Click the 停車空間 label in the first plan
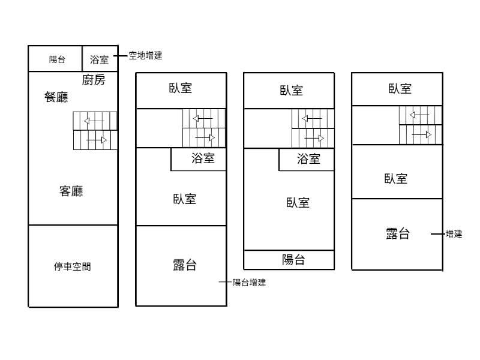(73, 267)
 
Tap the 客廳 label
(71, 191)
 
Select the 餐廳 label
(56, 97)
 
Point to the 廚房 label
(93, 80)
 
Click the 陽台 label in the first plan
(57, 59)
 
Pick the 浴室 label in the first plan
(99, 59)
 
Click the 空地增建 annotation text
(145, 55)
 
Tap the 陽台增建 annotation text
(249, 283)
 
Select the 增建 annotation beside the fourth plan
(454, 234)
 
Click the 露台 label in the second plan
(184, 265)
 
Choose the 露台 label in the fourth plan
(397, 234)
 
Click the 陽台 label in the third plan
(293, 260)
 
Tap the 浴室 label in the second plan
(203, 159)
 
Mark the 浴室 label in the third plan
(308, 159)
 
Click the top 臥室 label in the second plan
(181, 88)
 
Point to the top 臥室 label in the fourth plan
(400, 89)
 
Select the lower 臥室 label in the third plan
(298, 203)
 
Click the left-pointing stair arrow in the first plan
(94, 121)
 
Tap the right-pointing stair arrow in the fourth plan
(421, 134)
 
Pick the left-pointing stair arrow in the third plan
(312, 118)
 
